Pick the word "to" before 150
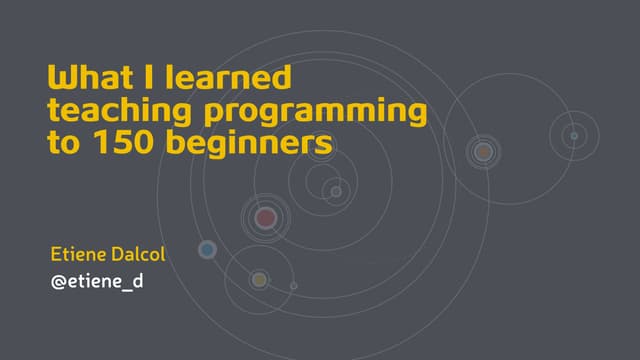[63, 145]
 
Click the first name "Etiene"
[82, 254]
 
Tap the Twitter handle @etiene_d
[97, 281]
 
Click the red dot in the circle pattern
[265, 217]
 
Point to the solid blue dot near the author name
[207, 250]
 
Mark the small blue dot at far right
[574, 135]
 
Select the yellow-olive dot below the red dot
[259, 279]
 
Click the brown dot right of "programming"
[483, 152]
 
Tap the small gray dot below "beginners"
[336, 191]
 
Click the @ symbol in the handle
[58, 281]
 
